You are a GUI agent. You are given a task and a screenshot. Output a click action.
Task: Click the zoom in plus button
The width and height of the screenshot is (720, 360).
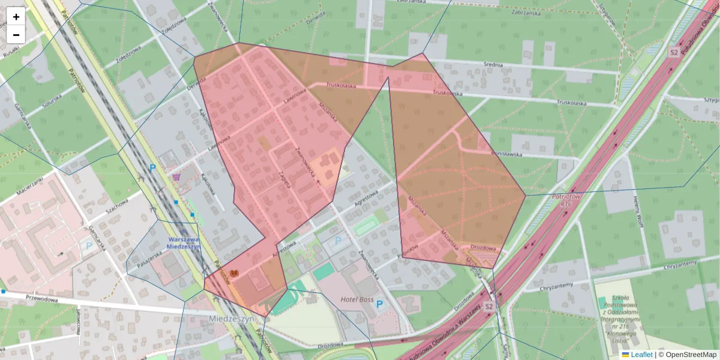(16, 17)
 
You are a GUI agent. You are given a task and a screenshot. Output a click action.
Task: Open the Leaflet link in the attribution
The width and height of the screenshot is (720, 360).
(641, 355)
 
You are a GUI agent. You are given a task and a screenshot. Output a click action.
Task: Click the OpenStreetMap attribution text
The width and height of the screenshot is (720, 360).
(691, 355)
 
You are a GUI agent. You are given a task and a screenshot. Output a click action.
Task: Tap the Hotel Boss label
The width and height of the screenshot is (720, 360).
(358, 299)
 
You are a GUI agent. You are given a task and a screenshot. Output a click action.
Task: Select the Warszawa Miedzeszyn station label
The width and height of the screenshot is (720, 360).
(182, 243)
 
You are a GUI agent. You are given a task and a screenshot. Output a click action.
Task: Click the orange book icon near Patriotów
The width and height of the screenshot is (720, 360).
(234, 274)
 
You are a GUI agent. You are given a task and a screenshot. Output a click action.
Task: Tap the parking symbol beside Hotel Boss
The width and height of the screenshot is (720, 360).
(379, 305)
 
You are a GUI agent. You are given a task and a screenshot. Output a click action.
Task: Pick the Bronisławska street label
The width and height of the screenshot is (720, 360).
(507, 154)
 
